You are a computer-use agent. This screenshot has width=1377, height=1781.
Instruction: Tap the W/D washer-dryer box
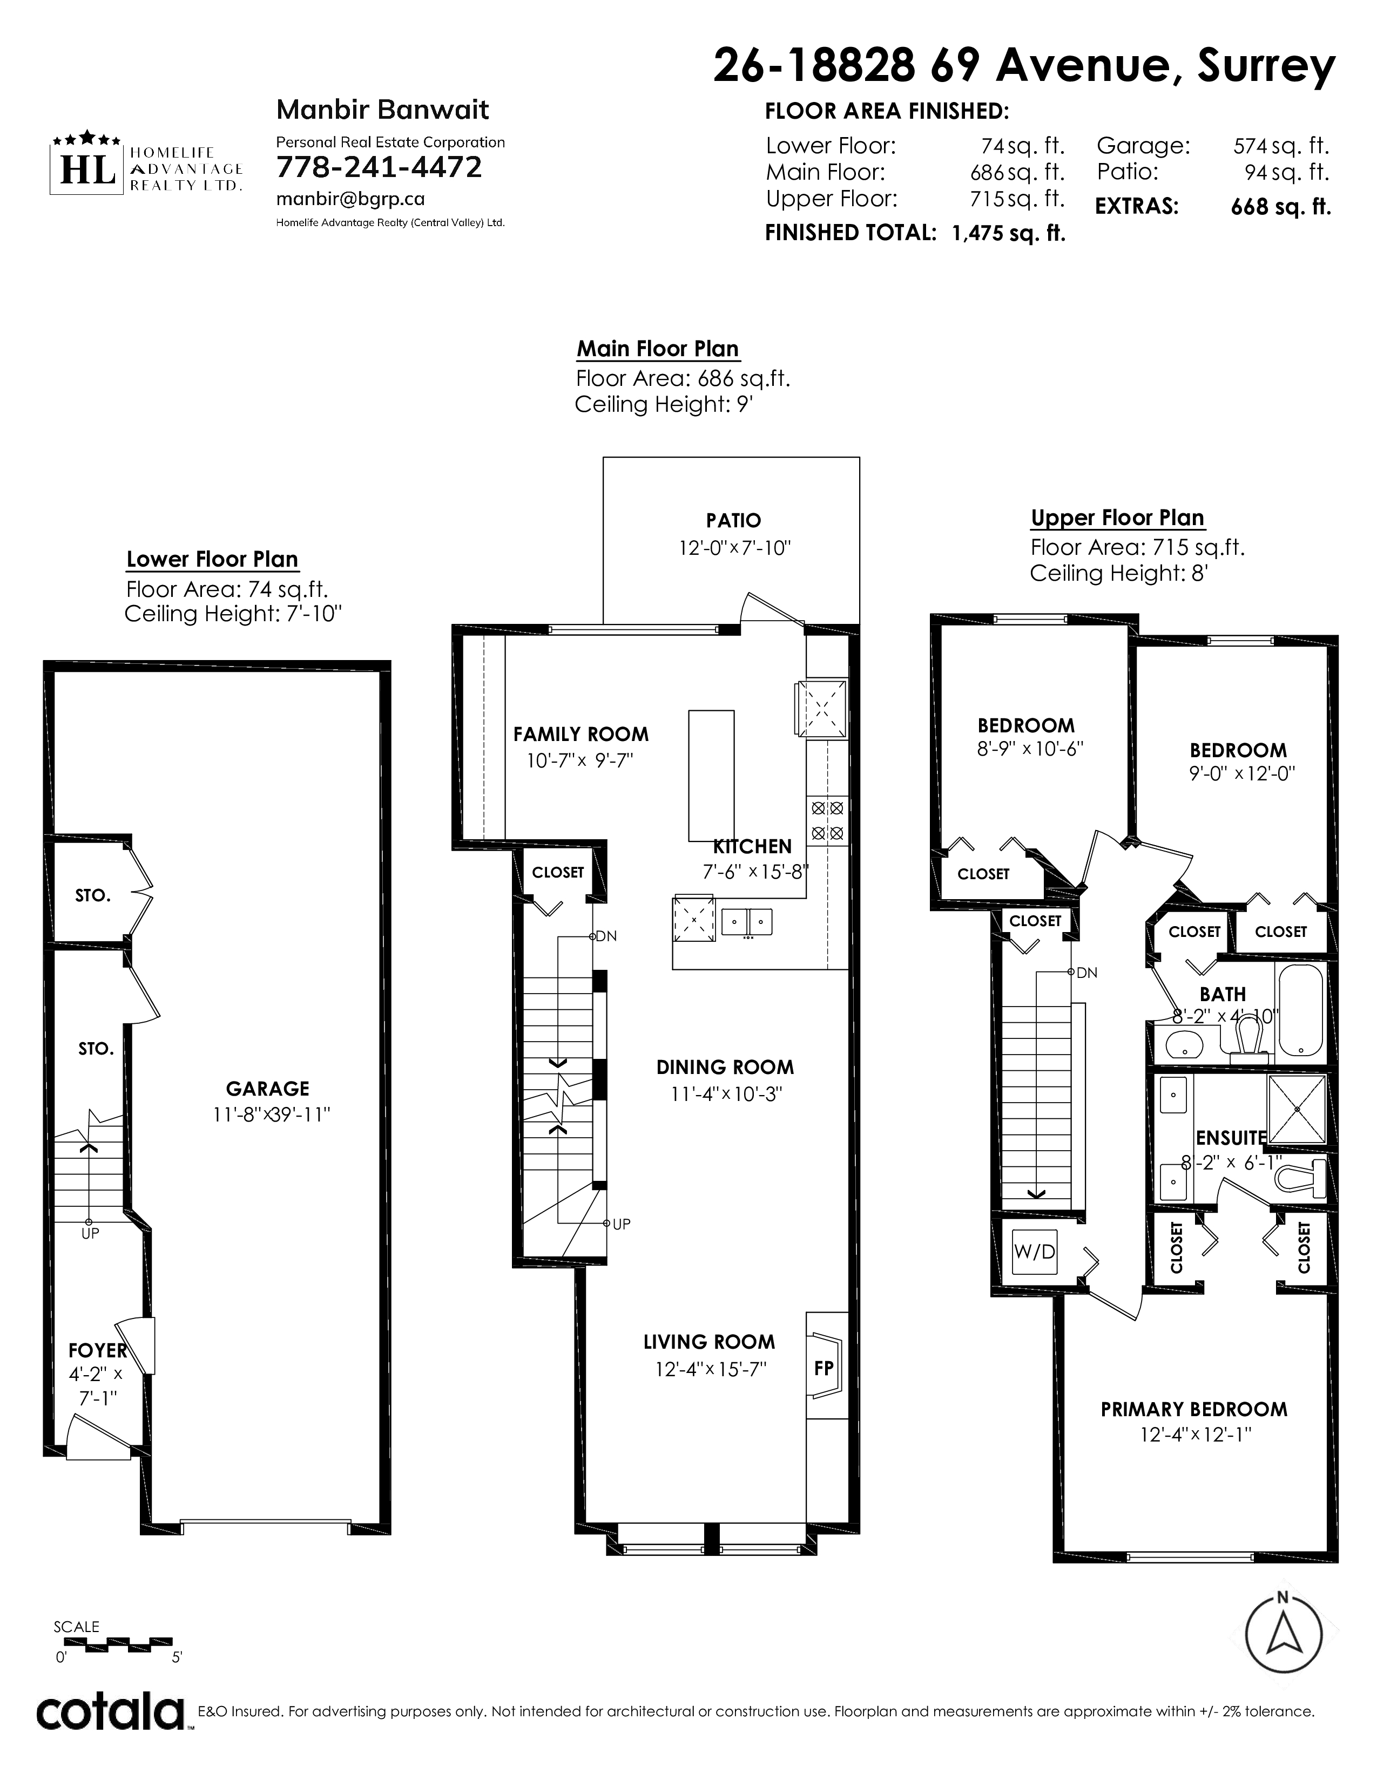1035,1252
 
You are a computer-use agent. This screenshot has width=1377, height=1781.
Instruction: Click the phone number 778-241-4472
379,167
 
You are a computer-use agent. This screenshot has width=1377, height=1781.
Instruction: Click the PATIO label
733,520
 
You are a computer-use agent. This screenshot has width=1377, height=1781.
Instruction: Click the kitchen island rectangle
711,776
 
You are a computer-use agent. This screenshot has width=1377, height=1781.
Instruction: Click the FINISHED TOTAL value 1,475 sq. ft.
1008,233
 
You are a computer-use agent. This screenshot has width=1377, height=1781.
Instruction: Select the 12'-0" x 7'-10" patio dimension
735,548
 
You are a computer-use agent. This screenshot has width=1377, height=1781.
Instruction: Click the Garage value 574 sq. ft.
1281,146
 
